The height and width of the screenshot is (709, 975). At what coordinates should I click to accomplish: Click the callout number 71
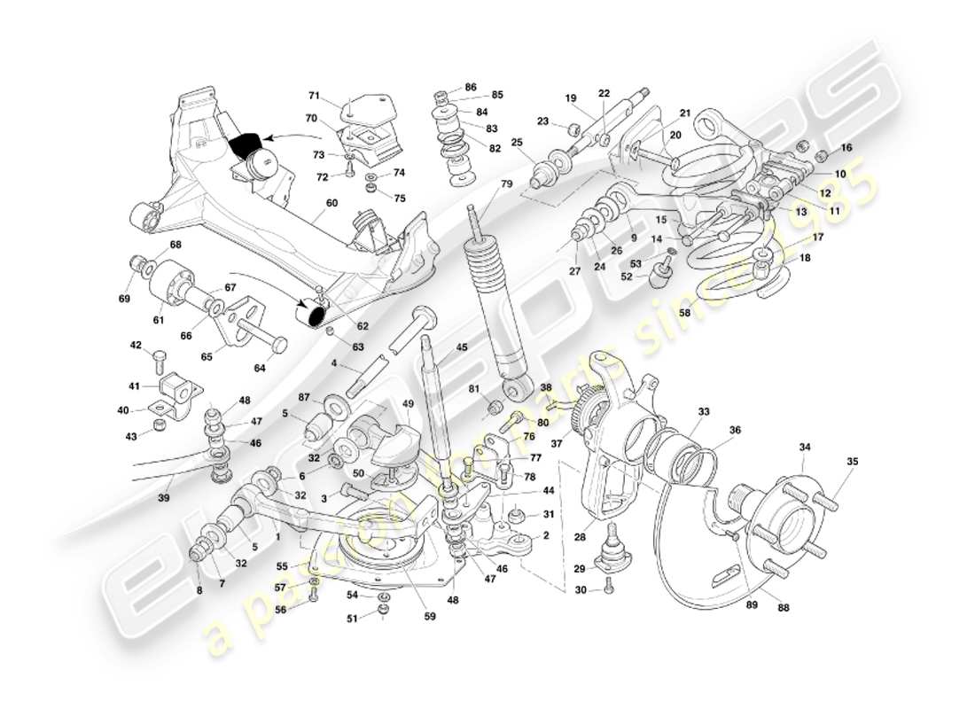point(314,95)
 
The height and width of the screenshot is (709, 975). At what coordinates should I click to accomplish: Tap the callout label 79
point(506,184)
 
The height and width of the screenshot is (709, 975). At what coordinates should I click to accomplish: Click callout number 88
point(784,608)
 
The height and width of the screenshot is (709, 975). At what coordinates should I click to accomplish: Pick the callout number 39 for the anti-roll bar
point(163,499)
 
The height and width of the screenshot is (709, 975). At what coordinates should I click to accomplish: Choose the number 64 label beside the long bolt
point(260,368)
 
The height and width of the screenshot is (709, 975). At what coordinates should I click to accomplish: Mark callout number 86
point(470,88)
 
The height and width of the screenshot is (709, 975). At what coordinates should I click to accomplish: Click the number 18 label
point(805,258)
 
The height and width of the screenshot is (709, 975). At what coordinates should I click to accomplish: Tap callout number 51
point(351,619)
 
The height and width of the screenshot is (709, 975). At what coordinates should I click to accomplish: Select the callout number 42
point(136,345)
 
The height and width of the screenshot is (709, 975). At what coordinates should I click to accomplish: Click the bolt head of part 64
point(280,343)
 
